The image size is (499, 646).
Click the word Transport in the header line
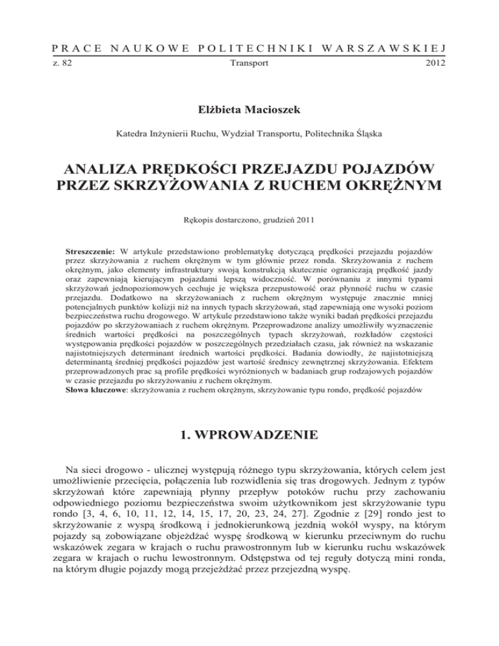coord(249,65)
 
